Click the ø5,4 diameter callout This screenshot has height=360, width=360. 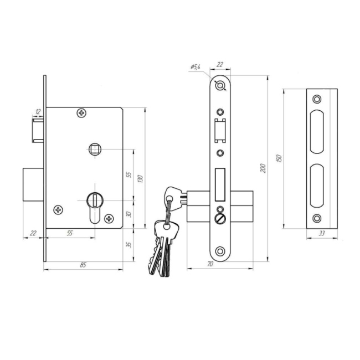point(196,67)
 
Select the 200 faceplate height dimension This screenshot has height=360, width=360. point(263,168)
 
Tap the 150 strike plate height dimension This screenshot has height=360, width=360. point(279,158)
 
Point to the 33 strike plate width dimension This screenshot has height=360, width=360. point(322,233)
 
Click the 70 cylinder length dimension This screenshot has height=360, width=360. point(210,264)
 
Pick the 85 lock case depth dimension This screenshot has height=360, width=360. point(83,265)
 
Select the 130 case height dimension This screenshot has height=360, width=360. point(140,179)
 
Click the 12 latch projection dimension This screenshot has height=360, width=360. point(38,111)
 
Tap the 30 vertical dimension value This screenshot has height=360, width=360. point(129,214)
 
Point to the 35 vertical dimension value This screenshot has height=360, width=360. point(129,244)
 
